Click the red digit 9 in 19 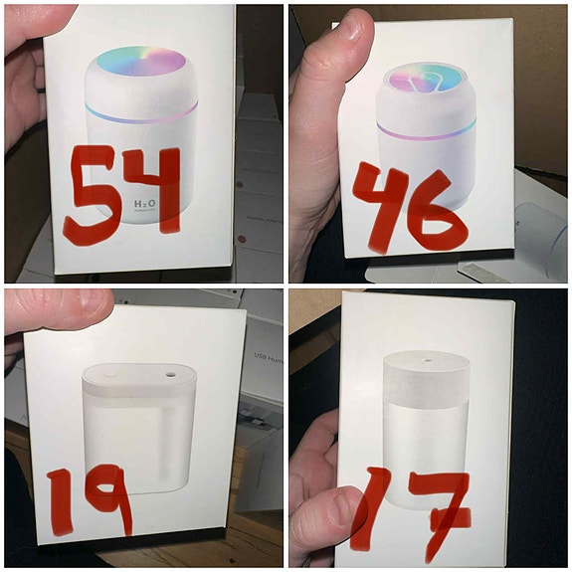click(109, 497)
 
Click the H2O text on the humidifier click(145, 203)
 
